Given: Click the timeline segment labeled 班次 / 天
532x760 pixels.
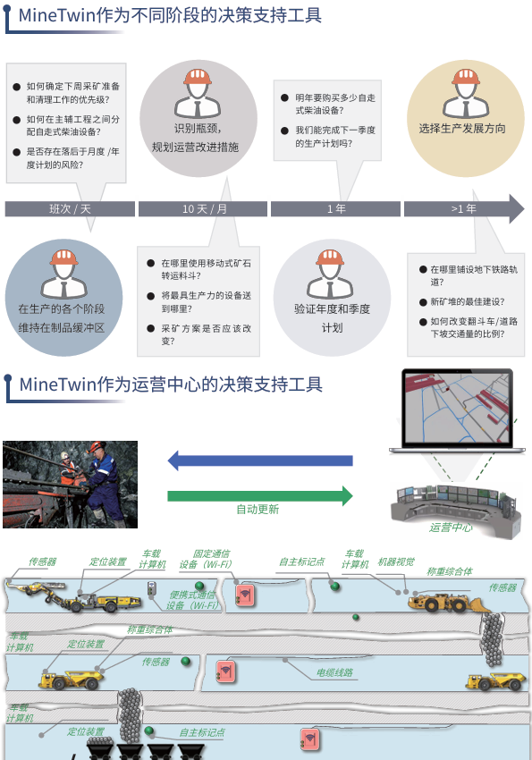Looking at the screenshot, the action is (70, 209).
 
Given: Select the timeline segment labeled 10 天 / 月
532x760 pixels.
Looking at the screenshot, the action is (203, 209).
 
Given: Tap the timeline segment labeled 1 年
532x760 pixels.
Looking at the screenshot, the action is (336, 209).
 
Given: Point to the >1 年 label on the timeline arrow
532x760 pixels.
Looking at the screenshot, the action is (464, 209).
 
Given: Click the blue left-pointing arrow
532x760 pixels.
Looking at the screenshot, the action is (260, 460).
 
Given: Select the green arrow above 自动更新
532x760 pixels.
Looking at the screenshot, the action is (260, 496).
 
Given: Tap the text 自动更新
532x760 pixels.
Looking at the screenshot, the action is (258, 510).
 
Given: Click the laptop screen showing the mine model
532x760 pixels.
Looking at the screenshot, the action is (458, 408).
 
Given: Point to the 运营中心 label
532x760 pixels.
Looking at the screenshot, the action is (451, 528).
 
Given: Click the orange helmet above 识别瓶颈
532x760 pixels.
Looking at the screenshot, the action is (198, 77).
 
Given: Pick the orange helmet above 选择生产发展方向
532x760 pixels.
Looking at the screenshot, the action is (466, 77).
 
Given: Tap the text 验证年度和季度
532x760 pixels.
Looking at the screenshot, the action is (332, 309).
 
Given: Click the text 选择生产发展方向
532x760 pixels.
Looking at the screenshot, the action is (462, 129).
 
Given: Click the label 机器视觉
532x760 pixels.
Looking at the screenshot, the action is (396, 562).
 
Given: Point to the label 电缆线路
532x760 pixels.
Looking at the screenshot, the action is (334, 672).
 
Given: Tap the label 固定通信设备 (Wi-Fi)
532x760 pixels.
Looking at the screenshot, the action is (206, 559).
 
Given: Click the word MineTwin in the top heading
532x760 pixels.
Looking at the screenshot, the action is (56, 15).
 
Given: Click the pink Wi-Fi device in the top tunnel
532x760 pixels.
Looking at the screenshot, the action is (245, 595).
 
